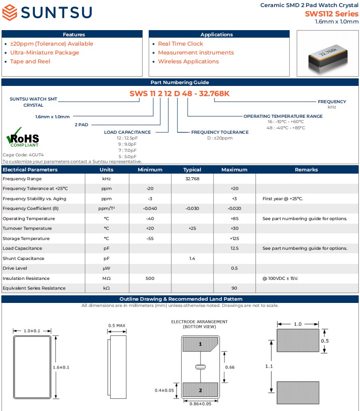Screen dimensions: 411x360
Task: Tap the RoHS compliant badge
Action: click(23, 138)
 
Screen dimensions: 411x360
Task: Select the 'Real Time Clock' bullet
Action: click(180, 44)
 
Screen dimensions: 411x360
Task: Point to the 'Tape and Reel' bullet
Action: click(30, 62)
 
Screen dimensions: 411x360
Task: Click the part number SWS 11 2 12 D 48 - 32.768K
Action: click(179, 93)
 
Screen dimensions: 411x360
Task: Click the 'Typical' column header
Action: click(192, 170)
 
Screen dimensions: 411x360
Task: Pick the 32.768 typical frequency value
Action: click(192, 179)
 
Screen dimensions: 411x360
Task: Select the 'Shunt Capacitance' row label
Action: click(24, 259)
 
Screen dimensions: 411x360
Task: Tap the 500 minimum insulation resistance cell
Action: click(150, 279)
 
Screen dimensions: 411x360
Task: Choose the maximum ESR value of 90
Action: click(234, 288)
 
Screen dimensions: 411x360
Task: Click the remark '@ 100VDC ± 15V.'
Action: click(280, 279)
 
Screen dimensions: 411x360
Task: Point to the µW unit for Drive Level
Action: click(106, 268)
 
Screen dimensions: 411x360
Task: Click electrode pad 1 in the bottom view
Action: click(200, 344)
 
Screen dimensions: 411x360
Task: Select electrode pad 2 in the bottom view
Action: click(200, 390)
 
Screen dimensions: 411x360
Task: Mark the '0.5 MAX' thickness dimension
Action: click(117, 326)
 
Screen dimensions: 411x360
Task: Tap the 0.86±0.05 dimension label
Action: click(200, 403)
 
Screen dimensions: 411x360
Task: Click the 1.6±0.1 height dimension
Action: click(62, 367)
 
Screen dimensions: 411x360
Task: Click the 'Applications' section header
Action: click(217, 35)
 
